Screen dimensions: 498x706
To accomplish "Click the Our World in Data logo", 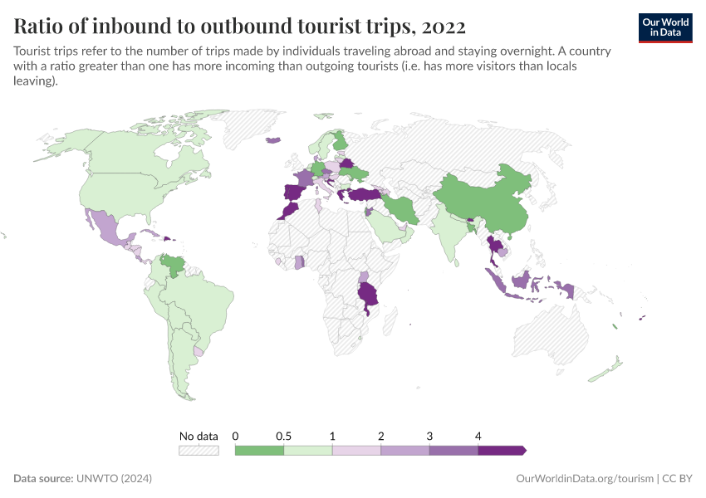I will (665, 27).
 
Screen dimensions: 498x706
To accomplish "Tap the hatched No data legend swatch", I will (199, 450).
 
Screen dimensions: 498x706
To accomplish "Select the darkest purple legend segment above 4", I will (502, 450).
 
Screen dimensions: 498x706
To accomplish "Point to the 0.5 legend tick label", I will (283, 436).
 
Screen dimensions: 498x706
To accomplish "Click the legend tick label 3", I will (429, 436).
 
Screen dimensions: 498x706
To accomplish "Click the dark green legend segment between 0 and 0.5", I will (259, 450).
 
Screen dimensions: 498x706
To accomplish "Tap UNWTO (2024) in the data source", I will (114, 479).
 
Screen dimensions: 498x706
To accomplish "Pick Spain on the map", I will (292, 193).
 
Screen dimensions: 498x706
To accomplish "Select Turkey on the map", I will (365, 195).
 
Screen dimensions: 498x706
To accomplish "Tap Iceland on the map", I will (273, 139).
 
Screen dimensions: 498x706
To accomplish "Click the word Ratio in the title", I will (39, 26).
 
